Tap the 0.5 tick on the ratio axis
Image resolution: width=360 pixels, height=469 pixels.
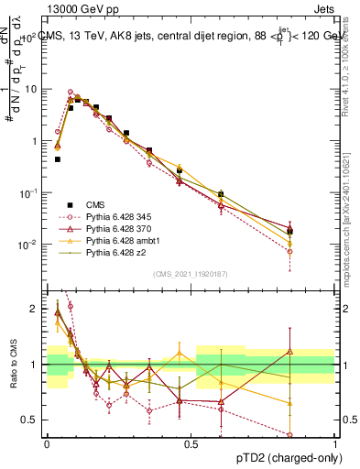(x=32, y=420)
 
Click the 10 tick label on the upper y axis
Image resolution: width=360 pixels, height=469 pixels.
(x=32, y=89)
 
